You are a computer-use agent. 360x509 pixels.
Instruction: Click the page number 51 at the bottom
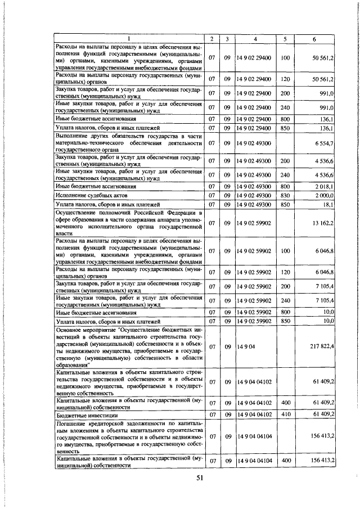pyautogui.click(x=199, y=478)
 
